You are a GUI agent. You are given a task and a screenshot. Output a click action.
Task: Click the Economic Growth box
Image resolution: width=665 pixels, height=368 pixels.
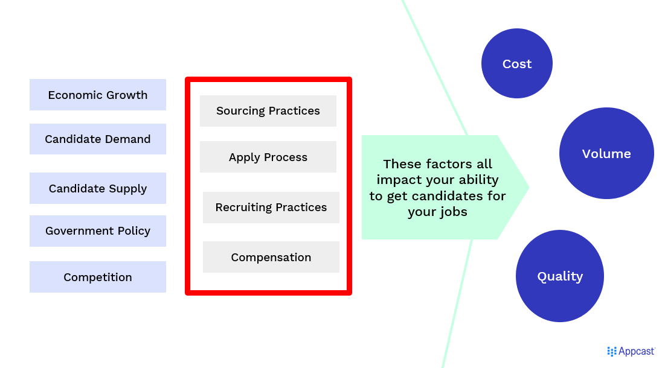tap(97, 95)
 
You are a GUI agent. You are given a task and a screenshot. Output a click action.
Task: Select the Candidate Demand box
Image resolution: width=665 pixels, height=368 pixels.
tap(97, 139)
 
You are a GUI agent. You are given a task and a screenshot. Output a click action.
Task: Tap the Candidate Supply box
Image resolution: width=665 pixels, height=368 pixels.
tap(97, 188)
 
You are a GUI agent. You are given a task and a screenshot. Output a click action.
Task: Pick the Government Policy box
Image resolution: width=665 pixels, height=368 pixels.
tap(97, 231)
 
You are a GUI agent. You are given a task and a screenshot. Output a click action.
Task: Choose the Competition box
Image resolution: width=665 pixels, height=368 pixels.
tap(97, 277)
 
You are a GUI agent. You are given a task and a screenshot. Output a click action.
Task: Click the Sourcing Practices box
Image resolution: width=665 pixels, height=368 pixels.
tap(268, 111)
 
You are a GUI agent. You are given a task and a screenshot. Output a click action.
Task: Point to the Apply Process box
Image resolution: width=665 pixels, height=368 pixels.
tap(268, 157)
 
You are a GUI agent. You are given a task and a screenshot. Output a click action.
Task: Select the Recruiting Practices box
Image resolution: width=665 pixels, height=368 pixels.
tap(271, 208)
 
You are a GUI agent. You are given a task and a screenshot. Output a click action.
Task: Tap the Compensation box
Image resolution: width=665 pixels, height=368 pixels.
tap(271, 257)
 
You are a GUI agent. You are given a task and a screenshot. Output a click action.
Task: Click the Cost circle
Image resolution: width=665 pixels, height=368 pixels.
tap(517, 63)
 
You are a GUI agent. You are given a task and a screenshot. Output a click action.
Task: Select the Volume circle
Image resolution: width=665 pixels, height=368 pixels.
tap(606, 153)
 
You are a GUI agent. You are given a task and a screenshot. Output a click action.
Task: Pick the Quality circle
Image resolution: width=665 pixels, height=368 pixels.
tap(560, 276)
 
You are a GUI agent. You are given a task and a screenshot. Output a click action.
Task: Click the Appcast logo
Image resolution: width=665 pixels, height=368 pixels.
tap(631, 351)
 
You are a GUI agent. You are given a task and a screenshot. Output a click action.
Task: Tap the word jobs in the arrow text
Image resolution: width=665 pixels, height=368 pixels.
tap(454, 212)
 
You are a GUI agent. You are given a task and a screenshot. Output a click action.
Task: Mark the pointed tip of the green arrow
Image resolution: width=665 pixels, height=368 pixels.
tap(529, 187)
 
